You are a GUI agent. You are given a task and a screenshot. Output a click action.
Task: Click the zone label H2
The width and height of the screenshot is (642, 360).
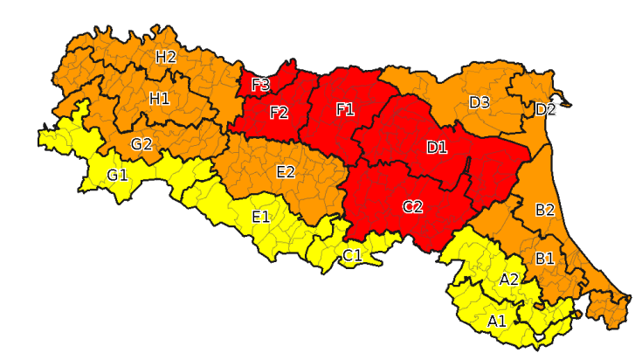click(166, 58)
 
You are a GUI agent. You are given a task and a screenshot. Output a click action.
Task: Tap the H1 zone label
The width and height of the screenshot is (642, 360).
click(159, 99)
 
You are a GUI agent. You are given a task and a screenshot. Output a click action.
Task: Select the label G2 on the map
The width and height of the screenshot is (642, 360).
click(142, 144)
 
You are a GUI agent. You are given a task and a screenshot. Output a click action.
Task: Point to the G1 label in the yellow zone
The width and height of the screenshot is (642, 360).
click(118, 176)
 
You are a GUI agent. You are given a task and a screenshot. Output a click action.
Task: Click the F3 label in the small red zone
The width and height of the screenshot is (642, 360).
click(260, 85)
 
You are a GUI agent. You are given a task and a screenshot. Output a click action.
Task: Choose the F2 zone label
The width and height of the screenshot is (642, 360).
click(280, 113)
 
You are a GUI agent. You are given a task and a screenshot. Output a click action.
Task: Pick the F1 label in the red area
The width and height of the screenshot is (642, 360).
click(345, 109)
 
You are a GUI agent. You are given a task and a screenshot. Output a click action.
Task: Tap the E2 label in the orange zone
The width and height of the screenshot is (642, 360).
click(286, 171)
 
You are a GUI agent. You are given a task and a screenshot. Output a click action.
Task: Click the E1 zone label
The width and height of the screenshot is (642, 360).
click(260, 216)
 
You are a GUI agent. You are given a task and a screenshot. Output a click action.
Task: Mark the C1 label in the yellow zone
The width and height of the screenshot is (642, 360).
click(352, 255)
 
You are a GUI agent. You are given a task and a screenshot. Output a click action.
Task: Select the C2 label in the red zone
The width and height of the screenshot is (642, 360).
click(412, 207)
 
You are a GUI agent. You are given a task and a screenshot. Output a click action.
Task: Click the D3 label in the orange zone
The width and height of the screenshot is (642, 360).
click(480, 102)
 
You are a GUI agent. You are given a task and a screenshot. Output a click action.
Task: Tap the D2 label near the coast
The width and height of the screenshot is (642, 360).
click(546, 109)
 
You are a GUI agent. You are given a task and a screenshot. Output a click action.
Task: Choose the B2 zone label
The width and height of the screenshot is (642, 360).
click(545, 210)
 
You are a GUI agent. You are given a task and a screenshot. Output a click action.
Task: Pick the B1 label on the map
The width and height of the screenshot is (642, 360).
click(545, 258)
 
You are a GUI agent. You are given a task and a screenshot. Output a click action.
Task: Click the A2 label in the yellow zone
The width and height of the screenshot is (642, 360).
click(509, 279)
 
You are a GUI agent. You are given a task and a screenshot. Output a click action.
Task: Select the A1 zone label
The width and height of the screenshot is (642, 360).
click(497, 321)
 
